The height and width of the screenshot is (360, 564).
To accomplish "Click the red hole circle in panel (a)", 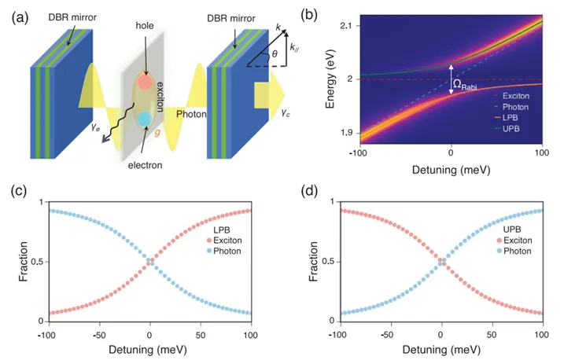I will pyautogui.click(x=144, y=82).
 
